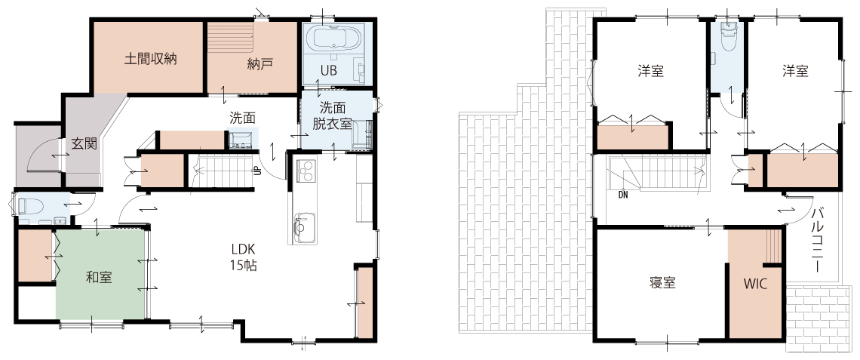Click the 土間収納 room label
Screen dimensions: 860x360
point(149,60)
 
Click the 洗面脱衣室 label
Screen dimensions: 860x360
point(333,115)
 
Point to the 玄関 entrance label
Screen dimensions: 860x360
point(84,144)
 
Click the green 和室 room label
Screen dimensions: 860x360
point(99,278)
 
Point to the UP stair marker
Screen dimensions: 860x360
point(256,171)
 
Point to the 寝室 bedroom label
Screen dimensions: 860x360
point(662,283)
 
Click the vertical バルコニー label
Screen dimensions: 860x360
point(818,240)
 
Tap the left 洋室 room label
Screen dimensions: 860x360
point(651,72)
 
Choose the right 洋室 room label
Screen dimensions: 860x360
point(796,72)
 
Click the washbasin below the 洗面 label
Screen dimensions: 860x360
point(241,140)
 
